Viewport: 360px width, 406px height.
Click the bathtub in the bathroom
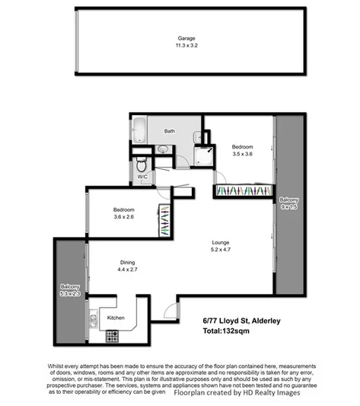tap(139, 130)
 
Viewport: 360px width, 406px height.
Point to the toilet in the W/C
tap(140, 165)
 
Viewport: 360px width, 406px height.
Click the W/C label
tap(142, 177)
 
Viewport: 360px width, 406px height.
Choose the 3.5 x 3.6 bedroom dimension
tap(242, 153)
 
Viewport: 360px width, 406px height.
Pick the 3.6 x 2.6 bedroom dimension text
tap(124, 217)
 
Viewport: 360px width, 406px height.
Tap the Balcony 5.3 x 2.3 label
tap(68, 291)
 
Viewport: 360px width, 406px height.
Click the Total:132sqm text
tap(228, 332)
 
